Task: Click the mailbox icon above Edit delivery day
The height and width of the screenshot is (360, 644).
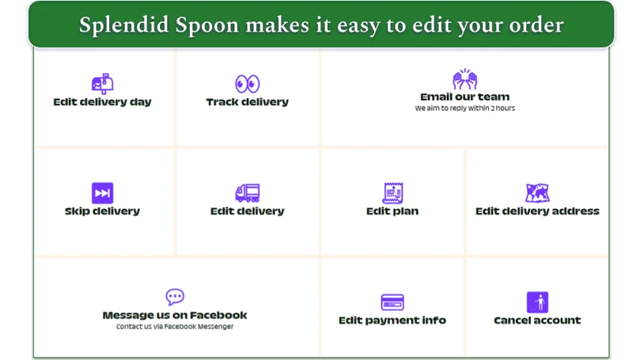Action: (102, 83)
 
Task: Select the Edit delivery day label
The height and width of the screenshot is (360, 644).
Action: (102, 102)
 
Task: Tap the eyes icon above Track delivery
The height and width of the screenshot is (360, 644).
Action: (247, 83)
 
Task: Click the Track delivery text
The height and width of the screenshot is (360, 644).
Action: (247, 102)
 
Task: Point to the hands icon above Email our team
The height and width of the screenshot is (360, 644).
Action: (464, 79)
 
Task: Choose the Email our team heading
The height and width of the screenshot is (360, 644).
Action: (464, 97)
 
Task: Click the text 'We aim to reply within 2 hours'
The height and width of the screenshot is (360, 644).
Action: (464, 108)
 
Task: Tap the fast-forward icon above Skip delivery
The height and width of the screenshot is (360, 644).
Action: (102, 192)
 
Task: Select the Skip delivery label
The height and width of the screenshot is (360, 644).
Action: (102, 211)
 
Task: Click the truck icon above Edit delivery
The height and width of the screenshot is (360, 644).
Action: (247, 192)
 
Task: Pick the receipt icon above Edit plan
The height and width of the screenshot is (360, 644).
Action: (392, 192)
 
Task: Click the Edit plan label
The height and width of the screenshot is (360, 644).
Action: (392, 211)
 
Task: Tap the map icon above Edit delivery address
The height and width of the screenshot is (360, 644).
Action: (537, 192)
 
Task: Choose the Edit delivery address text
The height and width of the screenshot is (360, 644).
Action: (537, 211)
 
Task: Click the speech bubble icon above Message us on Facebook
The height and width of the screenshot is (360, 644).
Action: (175, 297)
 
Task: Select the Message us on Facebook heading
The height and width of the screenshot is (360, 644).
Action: (175, 315)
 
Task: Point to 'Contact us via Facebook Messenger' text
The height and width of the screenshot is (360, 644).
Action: (175, 326)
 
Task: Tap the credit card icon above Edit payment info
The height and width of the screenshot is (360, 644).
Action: (392, 302)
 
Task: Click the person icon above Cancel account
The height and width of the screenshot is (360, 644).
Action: (537, 302)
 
